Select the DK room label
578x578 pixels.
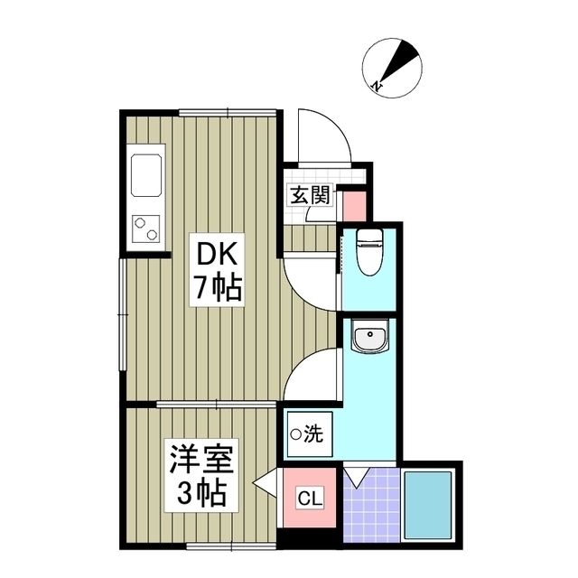point(213,254)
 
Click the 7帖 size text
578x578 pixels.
point(214,288)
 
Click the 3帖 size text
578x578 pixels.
point(201,493)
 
